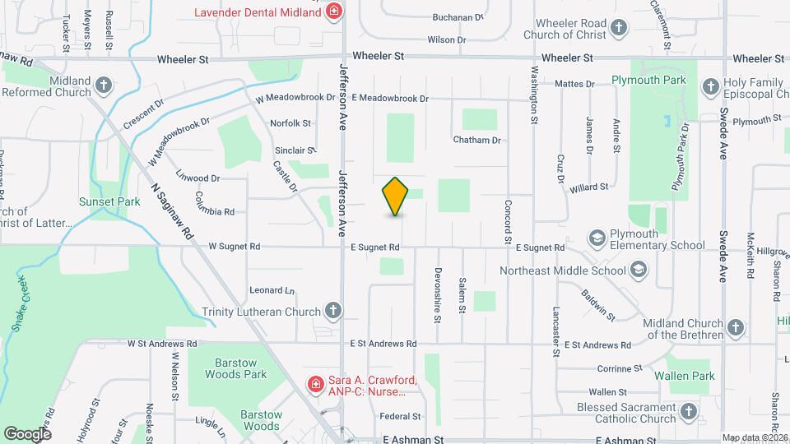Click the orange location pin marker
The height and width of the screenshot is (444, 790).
click(396, 197)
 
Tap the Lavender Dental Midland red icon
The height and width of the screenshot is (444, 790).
click(334, 12)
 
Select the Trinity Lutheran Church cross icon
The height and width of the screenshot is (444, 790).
click(332, 311)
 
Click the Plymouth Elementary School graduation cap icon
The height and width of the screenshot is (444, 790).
click(597, 238)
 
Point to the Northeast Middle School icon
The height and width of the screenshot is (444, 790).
click(638, 270)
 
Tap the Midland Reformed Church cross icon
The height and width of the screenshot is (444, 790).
click(103, 85)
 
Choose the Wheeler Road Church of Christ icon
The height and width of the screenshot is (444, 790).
click(620, 29)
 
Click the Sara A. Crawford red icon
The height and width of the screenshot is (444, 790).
click(315, 383)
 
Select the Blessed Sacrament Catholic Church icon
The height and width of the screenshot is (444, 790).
click(688, 413)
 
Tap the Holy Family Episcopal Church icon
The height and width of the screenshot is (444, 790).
click(710, 85)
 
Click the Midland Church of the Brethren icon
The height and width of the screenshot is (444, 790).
click(736, 327)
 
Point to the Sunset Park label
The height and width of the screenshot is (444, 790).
click(109, 201)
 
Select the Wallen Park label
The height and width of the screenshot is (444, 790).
click(685, 376)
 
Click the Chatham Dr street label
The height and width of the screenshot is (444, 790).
click(477, 140)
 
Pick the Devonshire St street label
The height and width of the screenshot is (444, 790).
click(439, 284)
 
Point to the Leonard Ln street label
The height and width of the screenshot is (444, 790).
click(272, 290)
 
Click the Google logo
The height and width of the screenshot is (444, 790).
click(27, 433)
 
